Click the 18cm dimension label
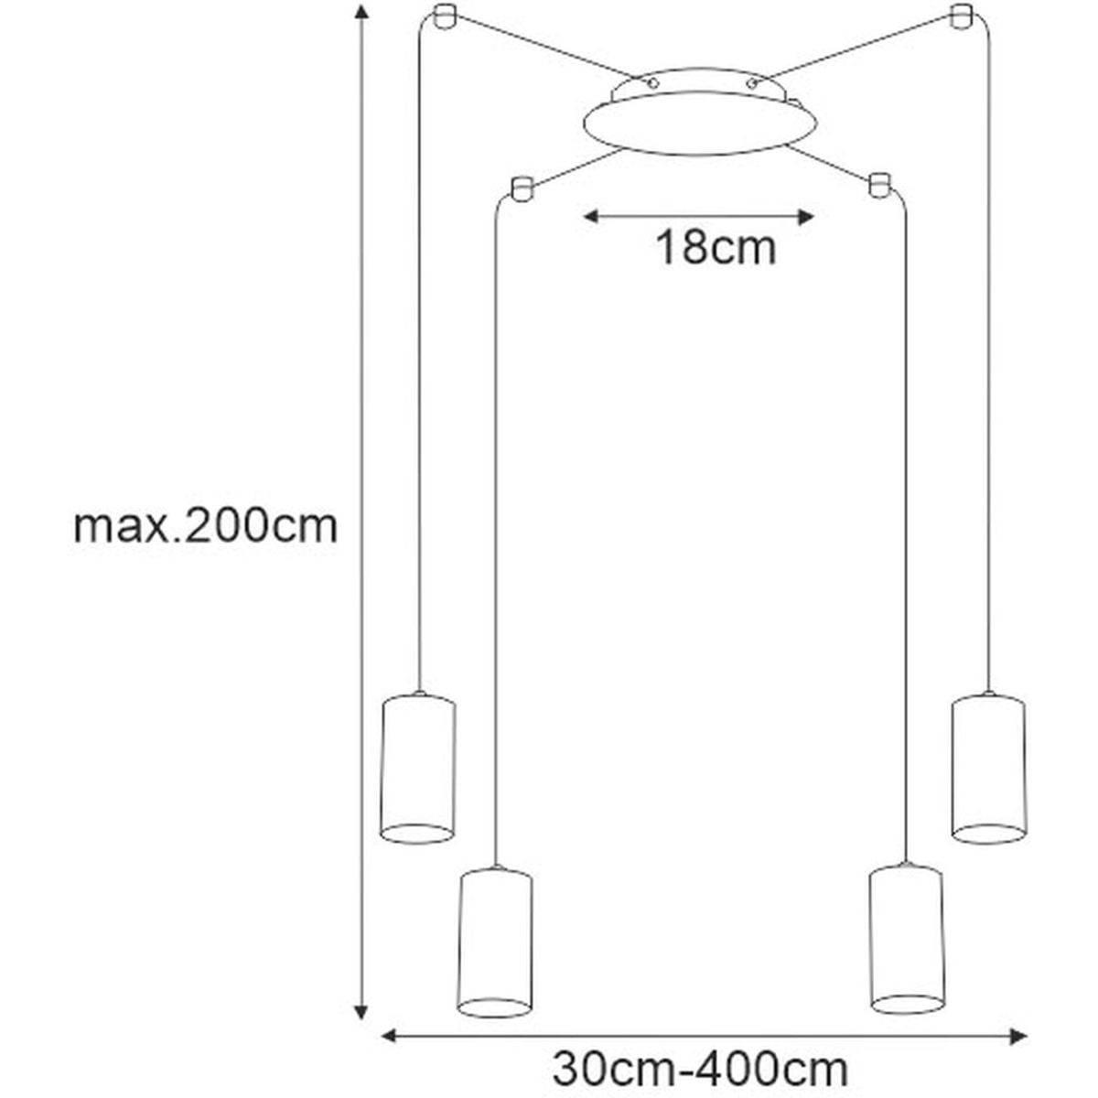(x=716, y=248)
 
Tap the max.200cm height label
(x=206, y=526)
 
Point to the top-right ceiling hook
(x=962, y=16)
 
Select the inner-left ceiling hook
(x=522, y=188)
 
